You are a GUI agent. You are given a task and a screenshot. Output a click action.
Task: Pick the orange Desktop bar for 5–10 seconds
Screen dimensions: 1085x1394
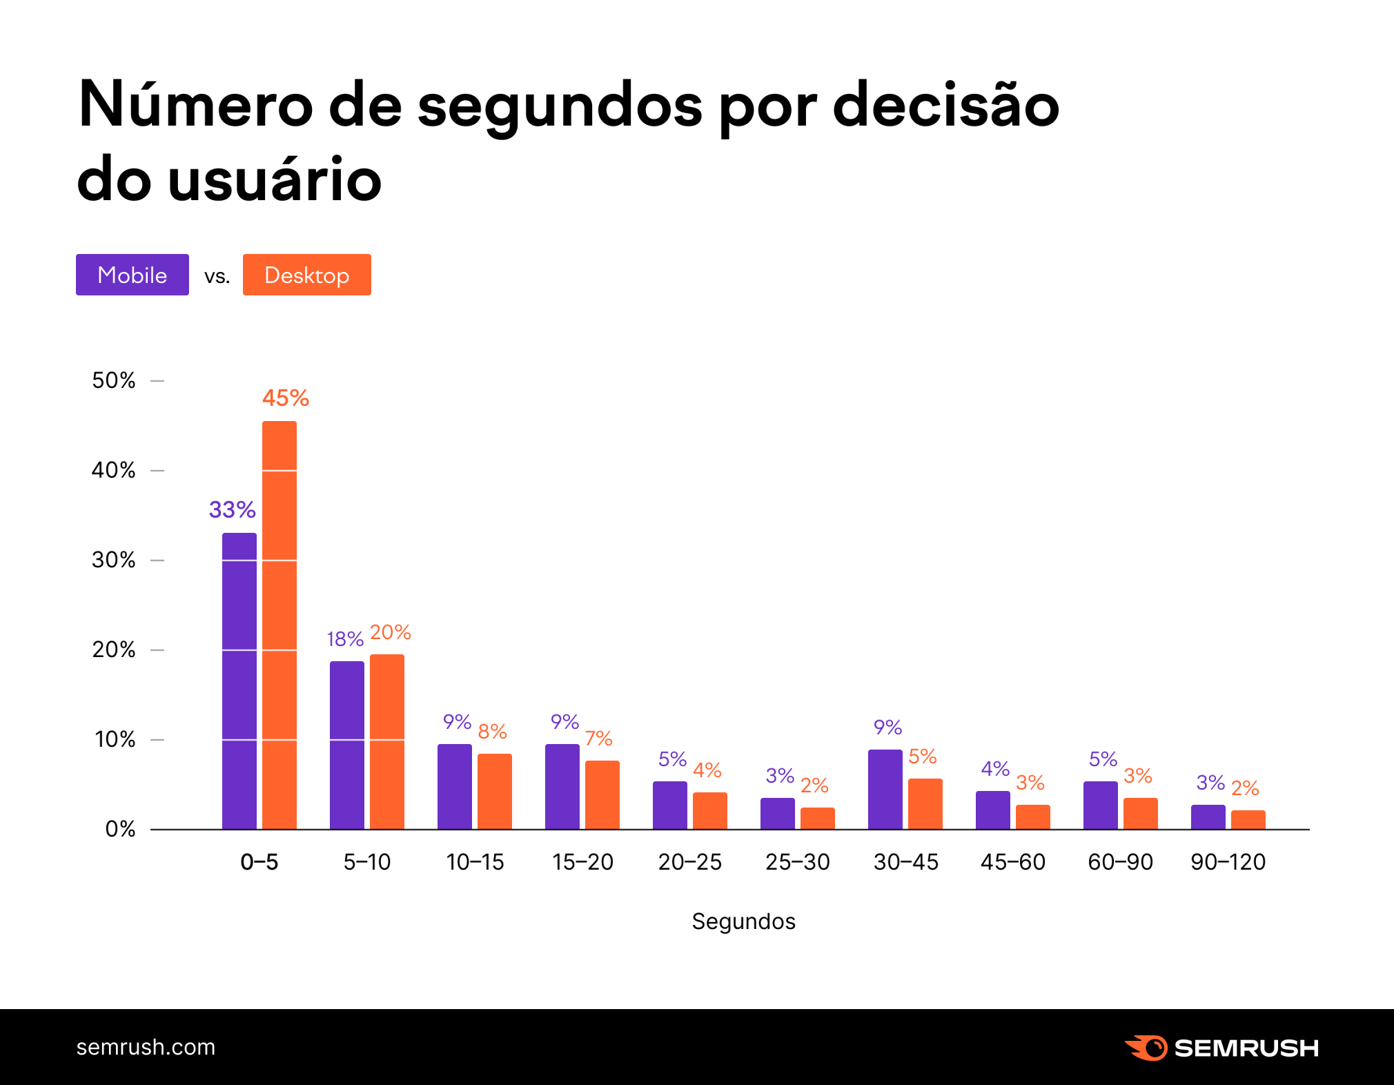click(x=387, y=741)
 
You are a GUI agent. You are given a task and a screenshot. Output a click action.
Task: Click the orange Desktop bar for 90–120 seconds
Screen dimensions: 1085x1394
click(x=1248, y=819)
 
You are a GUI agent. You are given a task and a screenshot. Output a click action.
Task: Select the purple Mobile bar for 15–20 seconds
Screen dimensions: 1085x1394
click(x=562, y=786)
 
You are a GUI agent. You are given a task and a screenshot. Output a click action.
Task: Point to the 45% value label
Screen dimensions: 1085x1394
click(x=286, y=398)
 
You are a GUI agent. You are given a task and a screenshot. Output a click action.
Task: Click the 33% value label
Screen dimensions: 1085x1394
click(x=233, y=510)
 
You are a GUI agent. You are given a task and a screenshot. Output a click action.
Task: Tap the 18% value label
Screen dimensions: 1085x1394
click(x=345, y=639)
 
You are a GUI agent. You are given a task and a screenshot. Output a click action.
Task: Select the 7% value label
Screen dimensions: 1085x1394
click(x=598, y=739)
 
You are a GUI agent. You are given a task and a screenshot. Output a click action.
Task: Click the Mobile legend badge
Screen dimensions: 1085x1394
click(x=132, y=275)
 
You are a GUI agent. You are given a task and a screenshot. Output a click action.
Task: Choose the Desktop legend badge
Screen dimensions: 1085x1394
click(x=307, y=275)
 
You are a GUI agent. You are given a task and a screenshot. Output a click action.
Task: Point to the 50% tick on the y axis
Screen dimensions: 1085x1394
click(x=114, y=380)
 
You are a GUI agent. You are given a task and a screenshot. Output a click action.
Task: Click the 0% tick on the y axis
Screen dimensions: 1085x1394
click(x=120, y=829)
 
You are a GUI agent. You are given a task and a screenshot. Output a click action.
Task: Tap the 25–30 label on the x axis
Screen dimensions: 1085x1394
click(x=798, y=862)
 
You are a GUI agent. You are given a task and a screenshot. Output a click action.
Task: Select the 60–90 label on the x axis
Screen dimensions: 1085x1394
click(x=1121, y=862)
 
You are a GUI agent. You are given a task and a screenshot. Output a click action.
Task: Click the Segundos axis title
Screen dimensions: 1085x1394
click(x=743, y=921)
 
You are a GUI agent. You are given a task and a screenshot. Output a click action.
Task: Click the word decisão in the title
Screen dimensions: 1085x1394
click(x=946, y=106)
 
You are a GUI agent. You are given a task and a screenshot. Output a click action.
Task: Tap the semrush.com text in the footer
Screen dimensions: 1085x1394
click(x=146, y=1047)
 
